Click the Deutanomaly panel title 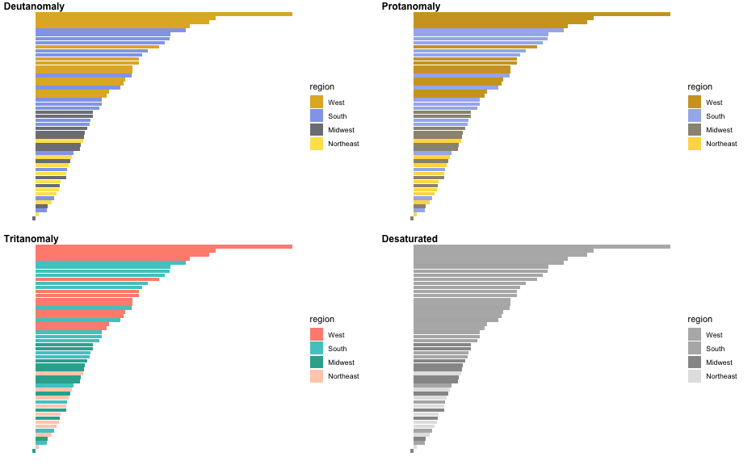point(34,6)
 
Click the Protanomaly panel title point(411,6)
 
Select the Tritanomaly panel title point(31,239)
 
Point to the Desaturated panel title point(409,239)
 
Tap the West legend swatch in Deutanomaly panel point(317,103)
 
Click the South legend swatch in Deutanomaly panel point(317,116)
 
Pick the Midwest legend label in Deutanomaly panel point(341,130)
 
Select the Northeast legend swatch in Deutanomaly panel point(317,144)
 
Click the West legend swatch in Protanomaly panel point(695,103)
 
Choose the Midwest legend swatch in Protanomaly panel point(695,130)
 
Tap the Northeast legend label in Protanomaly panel point(721,144)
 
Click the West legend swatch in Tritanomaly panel point(317,335)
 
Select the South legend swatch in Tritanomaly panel point(317,349)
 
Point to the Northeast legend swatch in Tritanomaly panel point(317,376)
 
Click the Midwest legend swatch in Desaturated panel point(695,362)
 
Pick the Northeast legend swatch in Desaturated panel point(695,376)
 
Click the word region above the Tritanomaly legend point(321,319)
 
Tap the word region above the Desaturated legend point(699,319)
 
